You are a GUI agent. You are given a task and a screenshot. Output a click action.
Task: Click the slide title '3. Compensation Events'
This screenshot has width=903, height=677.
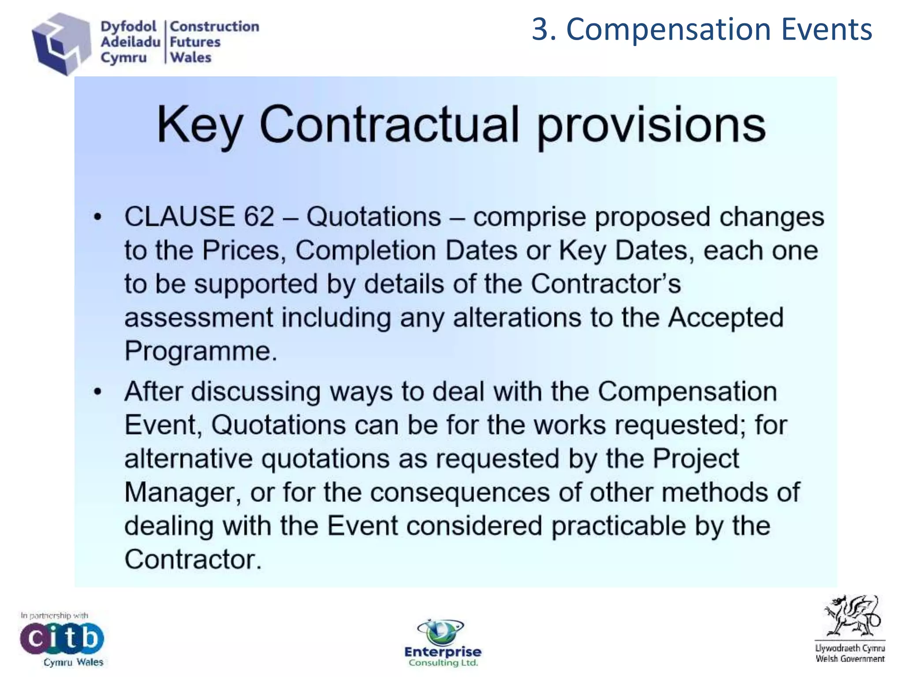(x=702, y=30)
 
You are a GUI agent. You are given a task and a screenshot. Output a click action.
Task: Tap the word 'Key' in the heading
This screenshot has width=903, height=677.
(x=199, y=125)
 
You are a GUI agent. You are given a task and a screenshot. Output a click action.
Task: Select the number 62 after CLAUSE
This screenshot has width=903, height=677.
(x=259, y=217)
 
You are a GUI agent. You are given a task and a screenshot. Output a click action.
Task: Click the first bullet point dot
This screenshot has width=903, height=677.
(x=98, y=217)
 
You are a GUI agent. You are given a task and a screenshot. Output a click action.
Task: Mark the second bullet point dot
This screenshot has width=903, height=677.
(x=98, y=391)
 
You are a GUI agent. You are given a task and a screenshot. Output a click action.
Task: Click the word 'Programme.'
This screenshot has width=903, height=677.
(x=201, y=351)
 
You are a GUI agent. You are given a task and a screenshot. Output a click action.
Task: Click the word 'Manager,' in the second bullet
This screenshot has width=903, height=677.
(x=183, y=492)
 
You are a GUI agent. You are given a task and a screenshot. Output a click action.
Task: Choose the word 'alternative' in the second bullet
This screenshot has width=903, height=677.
(x=188, y=459)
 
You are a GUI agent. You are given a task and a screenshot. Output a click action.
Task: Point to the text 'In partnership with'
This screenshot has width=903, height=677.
(x=54, y=615)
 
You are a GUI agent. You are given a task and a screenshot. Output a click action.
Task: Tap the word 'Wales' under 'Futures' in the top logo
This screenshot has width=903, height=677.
(x=191, y=58)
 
